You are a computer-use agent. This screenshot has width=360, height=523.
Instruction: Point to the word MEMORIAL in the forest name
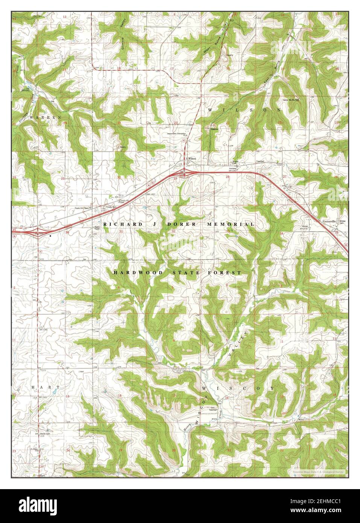(x=230, y=224)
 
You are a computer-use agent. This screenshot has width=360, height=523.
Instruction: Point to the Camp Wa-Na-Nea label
(x=291, y=100)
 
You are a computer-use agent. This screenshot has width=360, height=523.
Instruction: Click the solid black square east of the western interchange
(x=50, y=236)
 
